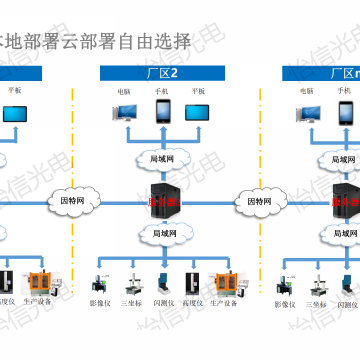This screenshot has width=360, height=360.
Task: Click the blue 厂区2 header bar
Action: click(x=160, y=72)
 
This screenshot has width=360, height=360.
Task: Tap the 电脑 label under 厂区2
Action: click(x=124, y=90)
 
